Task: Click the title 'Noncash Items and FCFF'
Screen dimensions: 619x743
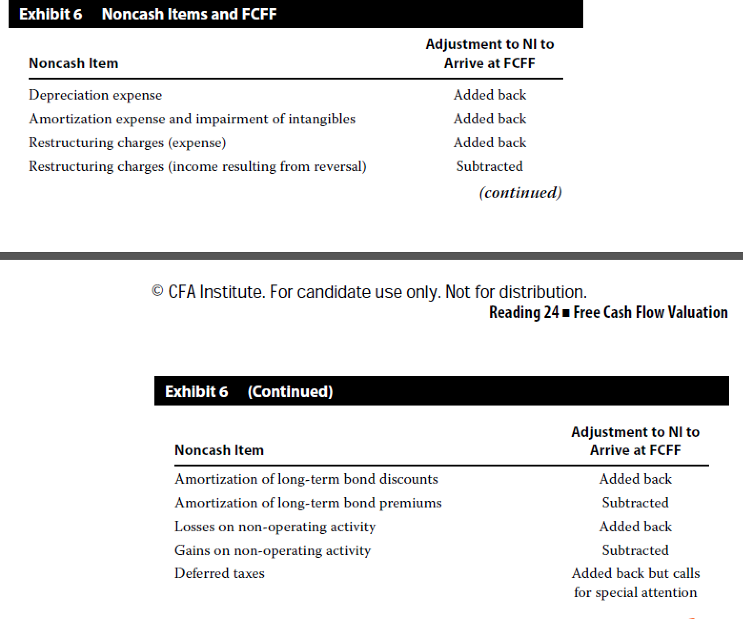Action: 189,14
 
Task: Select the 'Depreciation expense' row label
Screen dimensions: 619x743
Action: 95,95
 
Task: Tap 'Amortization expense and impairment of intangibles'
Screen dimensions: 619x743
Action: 192,119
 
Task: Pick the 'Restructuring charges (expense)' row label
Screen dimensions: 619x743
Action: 127,142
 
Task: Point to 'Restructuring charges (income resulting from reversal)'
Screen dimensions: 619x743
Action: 197,166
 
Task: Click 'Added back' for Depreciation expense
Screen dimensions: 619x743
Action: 489,95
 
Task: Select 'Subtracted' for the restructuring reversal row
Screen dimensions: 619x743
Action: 489,166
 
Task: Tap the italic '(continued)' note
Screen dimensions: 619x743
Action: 520,193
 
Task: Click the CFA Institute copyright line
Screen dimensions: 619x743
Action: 369,292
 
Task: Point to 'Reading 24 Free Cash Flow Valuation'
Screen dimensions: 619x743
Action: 608,312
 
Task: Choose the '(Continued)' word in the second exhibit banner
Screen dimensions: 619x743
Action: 290,391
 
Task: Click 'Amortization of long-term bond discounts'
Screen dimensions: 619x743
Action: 306,479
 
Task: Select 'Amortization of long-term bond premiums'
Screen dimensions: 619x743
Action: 308,503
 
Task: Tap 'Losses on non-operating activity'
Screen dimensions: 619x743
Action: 275,527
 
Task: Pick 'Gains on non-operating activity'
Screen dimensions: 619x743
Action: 272,550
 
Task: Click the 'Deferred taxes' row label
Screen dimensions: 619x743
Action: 219,573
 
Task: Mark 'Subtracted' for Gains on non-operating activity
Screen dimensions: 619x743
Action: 635,550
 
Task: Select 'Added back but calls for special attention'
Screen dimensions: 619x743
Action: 635,583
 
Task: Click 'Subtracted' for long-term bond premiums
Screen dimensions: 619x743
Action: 635,503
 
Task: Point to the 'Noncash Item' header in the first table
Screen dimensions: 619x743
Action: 73,63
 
